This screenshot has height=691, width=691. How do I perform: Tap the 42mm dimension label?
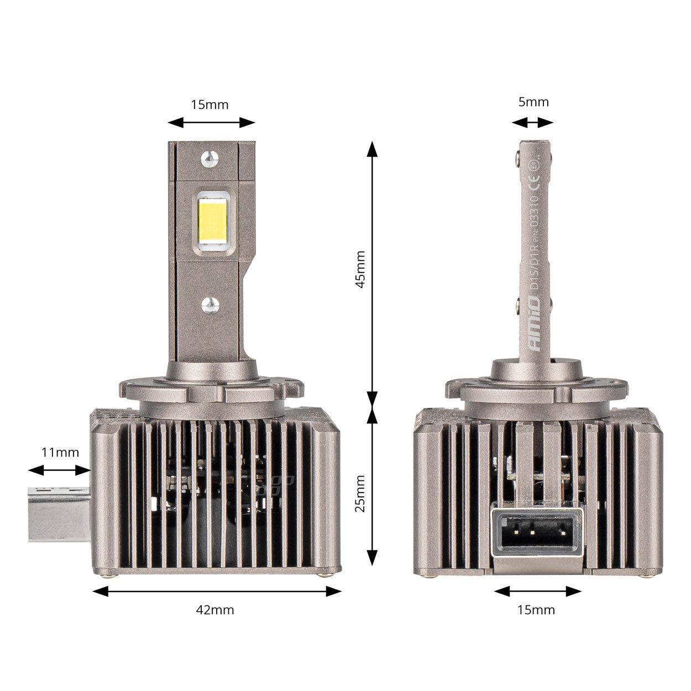tap(215, 610)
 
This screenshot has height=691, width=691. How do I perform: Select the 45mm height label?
tap(360, 269)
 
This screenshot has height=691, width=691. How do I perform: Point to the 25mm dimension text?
tap(360, 493)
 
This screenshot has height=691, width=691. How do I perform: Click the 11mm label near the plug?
tap(60, 452)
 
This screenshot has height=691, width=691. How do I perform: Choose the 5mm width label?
tap(533, 102)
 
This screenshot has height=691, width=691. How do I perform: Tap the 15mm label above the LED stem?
tap(210, 104)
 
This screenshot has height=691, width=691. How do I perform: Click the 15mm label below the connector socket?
tap(536, 610)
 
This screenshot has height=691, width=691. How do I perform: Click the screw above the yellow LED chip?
tap(210, 158)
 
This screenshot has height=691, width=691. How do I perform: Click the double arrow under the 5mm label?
tap(532, 123)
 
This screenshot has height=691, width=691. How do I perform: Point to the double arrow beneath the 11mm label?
tap(59, 470)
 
